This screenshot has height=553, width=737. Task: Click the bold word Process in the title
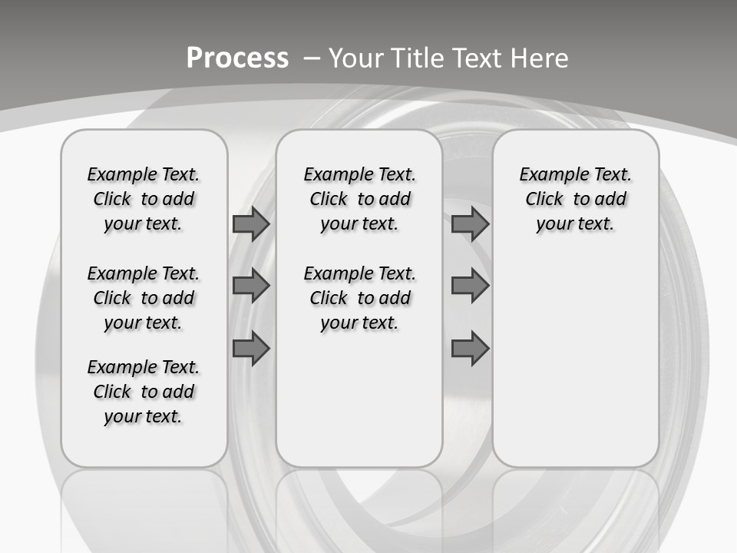pos(237,58)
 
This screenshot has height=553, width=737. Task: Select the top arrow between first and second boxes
pos(251,224)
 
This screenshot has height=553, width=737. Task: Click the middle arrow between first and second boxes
pos(251,286)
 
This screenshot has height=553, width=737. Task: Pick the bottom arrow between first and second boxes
pos(251,349)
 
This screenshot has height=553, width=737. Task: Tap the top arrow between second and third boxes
pos(470,224)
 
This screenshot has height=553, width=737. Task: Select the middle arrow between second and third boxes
pos(470,286)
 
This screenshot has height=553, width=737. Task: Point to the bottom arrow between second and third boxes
pos(470,349)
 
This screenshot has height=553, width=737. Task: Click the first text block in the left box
pos(144,199)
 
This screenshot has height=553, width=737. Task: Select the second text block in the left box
pos(144,298)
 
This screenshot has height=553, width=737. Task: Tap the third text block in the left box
pos(144,392)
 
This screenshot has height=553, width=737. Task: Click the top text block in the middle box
pos(359,199)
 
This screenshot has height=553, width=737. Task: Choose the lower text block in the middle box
pos(359,298)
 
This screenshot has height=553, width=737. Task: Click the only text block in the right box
pos(575,199)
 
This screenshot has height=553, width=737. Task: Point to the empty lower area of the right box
pos(575,361)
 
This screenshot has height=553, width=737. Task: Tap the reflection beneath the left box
pos(144,507)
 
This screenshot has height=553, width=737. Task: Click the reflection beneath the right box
pos(575,507)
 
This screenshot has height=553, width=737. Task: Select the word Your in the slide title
pos(356,58)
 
